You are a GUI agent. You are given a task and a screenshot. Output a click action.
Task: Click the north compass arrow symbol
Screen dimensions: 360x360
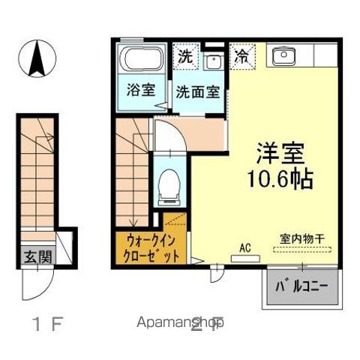pyautogui.click(x=37, y=58)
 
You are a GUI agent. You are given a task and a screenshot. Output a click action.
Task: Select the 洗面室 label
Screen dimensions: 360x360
pyautogui.click(x=198, y=93)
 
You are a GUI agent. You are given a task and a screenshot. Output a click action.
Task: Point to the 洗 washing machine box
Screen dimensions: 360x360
pyautogui.click(x=184, y=55)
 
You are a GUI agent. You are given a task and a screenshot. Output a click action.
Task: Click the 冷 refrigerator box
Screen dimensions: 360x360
pyautogui.click(x=243, y=55)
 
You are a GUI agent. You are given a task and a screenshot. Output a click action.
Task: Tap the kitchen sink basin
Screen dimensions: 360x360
pyautogui.click(x=285, y=55)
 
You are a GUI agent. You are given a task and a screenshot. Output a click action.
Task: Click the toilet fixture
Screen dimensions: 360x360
pyautogui.click(x=169, y=184)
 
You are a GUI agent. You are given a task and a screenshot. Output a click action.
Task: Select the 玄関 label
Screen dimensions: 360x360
pyautogui.click(x=36, y=257)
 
